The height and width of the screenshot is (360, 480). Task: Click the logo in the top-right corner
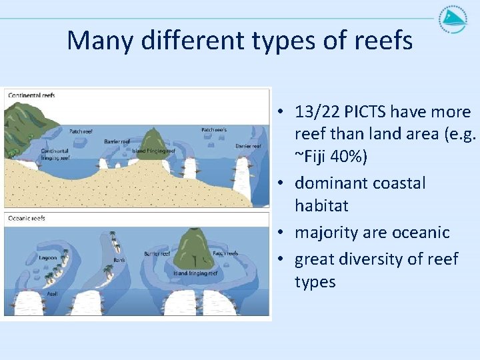[x=453, y=19]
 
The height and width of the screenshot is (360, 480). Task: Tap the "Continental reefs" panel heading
[x=31, y=95]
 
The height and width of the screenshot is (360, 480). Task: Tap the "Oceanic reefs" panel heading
[x=27, y=218]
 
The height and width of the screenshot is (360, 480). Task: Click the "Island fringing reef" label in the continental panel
[x=154, y=151]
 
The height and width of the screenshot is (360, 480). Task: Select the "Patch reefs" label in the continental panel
[x=214, y=129]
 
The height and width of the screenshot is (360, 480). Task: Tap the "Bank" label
[x=119, y=259]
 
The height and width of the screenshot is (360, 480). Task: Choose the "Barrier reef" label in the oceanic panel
[x=157, y=253]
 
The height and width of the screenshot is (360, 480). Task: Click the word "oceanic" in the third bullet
[x=419, y=232]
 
